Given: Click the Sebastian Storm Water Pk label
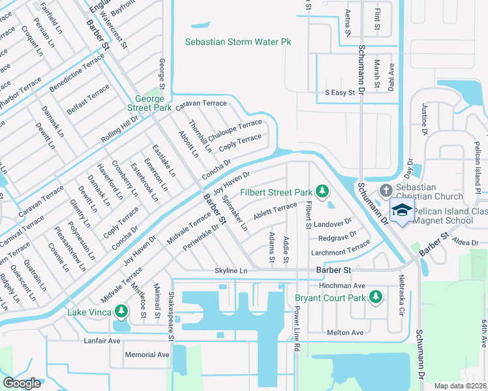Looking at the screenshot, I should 237,42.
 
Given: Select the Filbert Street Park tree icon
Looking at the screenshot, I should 321,191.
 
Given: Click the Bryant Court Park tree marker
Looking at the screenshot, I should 375,297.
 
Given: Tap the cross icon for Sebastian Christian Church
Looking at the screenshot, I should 386,190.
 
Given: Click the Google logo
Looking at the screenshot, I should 22,383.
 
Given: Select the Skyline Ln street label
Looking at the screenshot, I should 232,270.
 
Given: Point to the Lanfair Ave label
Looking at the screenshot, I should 102,340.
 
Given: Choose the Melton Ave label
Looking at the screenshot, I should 345,332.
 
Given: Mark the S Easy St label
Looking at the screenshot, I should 339,93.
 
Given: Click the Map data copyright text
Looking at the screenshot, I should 459,385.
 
